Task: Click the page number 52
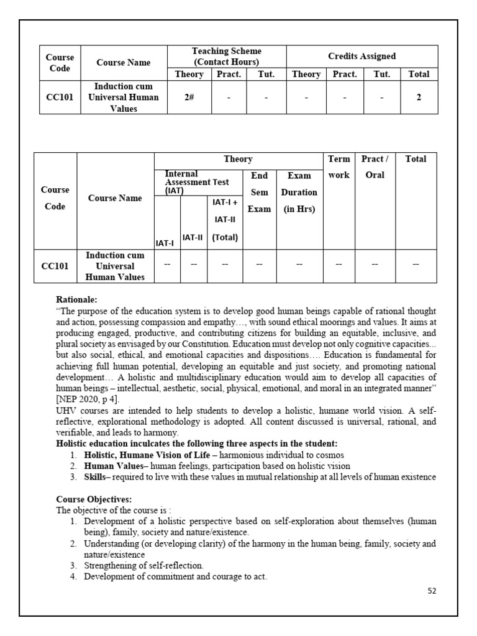(x=432, y=591)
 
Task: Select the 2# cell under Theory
(x=189, y=98)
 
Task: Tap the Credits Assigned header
(x=361, y=57)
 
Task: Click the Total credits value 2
(x=419, y=98)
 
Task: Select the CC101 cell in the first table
(x=60, y=98)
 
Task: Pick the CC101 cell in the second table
(x=55, y=266)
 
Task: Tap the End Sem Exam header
(x=259, y=193)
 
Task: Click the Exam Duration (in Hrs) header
(x=299, y=193)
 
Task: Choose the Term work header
(x=338, y=167)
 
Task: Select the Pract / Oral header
(x=375, y=167)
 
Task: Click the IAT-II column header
(x=193, y=237)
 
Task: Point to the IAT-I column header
(x=165, y=243)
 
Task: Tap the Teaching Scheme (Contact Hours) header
(x=227, y=57)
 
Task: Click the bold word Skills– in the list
(x=98, y=476)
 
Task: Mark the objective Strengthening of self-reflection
(x=143, y=565)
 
